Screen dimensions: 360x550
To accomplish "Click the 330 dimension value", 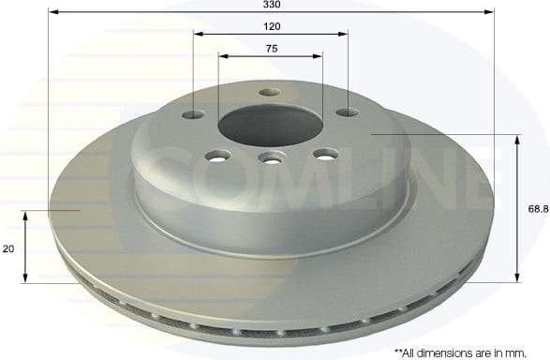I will coord(271,5).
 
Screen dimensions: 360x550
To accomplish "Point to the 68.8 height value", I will coord(538,210).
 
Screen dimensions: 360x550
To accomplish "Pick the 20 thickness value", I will coord(7,248).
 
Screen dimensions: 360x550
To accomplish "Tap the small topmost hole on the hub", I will coord(270,92).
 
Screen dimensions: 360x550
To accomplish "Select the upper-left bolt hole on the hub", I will coord(194,114).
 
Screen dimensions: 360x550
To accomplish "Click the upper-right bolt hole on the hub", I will coord(347,112).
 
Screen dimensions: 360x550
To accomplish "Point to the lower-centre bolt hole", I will coord(272,159).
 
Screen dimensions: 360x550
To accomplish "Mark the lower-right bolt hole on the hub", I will coord(324,155).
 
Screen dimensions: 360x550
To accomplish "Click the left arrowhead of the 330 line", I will coord(52,12).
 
